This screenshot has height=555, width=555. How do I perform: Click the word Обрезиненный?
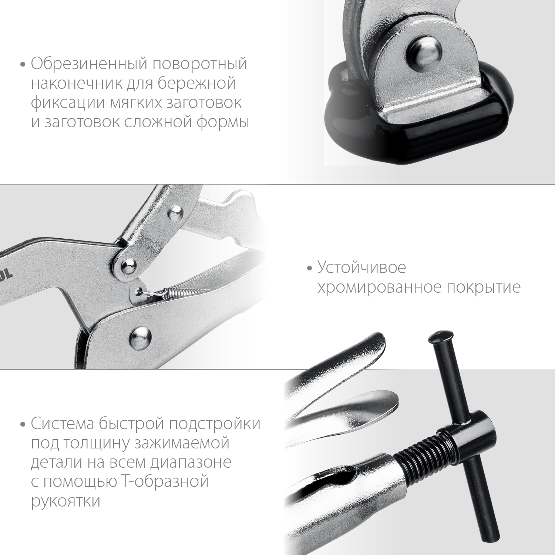89,64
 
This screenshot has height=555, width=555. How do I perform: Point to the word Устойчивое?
361,268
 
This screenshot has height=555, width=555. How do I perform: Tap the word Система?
62,424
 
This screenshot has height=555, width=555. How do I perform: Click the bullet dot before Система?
23,424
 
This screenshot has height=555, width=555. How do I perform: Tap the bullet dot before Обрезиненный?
23,65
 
